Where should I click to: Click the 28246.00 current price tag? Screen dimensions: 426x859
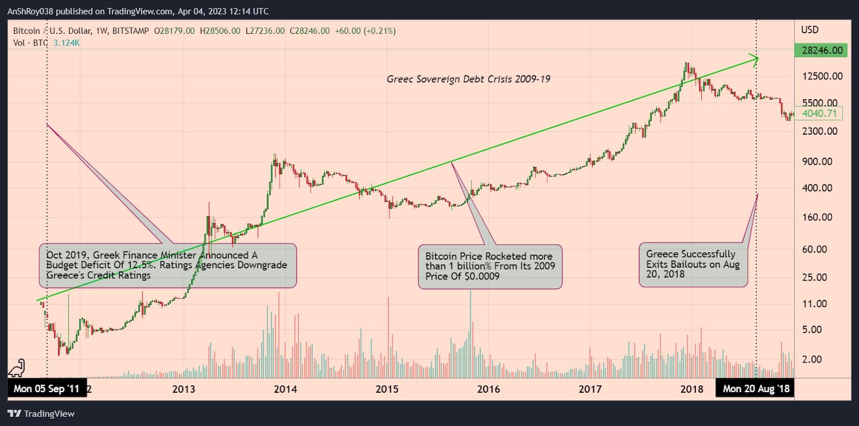point(821,50)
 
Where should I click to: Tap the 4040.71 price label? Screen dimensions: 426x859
point(819,113)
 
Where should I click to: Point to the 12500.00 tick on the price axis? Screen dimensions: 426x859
point(822,76)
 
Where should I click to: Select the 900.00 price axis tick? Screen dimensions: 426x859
point(817,161)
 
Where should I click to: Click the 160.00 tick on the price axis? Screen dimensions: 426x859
point(817,217)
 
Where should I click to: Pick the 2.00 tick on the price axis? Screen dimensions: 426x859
point(812,359)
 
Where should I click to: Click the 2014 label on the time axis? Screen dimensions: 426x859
point(285,389)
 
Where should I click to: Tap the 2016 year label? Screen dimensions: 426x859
point(488,389)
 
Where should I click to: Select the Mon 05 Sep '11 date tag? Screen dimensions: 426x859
point(47,388)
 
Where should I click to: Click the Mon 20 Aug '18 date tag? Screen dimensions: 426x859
point(755,388)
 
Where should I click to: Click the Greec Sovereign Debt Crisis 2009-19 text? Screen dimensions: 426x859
point(468,79)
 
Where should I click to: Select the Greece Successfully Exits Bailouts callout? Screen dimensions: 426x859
point(693,265)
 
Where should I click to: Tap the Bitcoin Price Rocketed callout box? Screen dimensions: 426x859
point(490,267)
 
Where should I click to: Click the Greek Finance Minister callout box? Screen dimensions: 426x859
point(167,266)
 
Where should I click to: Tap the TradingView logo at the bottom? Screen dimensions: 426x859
point(41,414)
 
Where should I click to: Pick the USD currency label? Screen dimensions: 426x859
point(810,30)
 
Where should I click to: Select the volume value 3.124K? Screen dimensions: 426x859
point(67,43)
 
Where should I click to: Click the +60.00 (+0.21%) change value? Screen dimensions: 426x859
point(365,31)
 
